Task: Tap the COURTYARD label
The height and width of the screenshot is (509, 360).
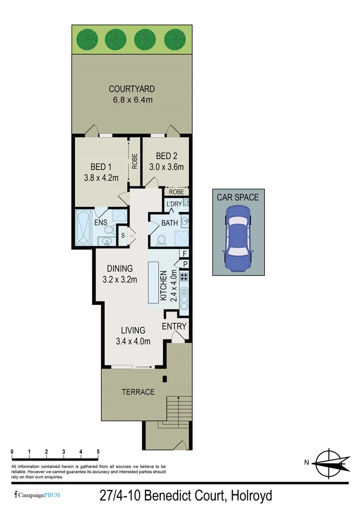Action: (x=131, y=89)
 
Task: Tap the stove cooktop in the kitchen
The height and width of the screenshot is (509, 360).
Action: (x=184, y=277)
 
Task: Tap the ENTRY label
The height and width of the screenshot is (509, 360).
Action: (x=174, y=326)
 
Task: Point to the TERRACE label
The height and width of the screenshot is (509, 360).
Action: (x=138, y=392)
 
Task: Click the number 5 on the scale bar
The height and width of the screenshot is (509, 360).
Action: (x=98, y=452)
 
